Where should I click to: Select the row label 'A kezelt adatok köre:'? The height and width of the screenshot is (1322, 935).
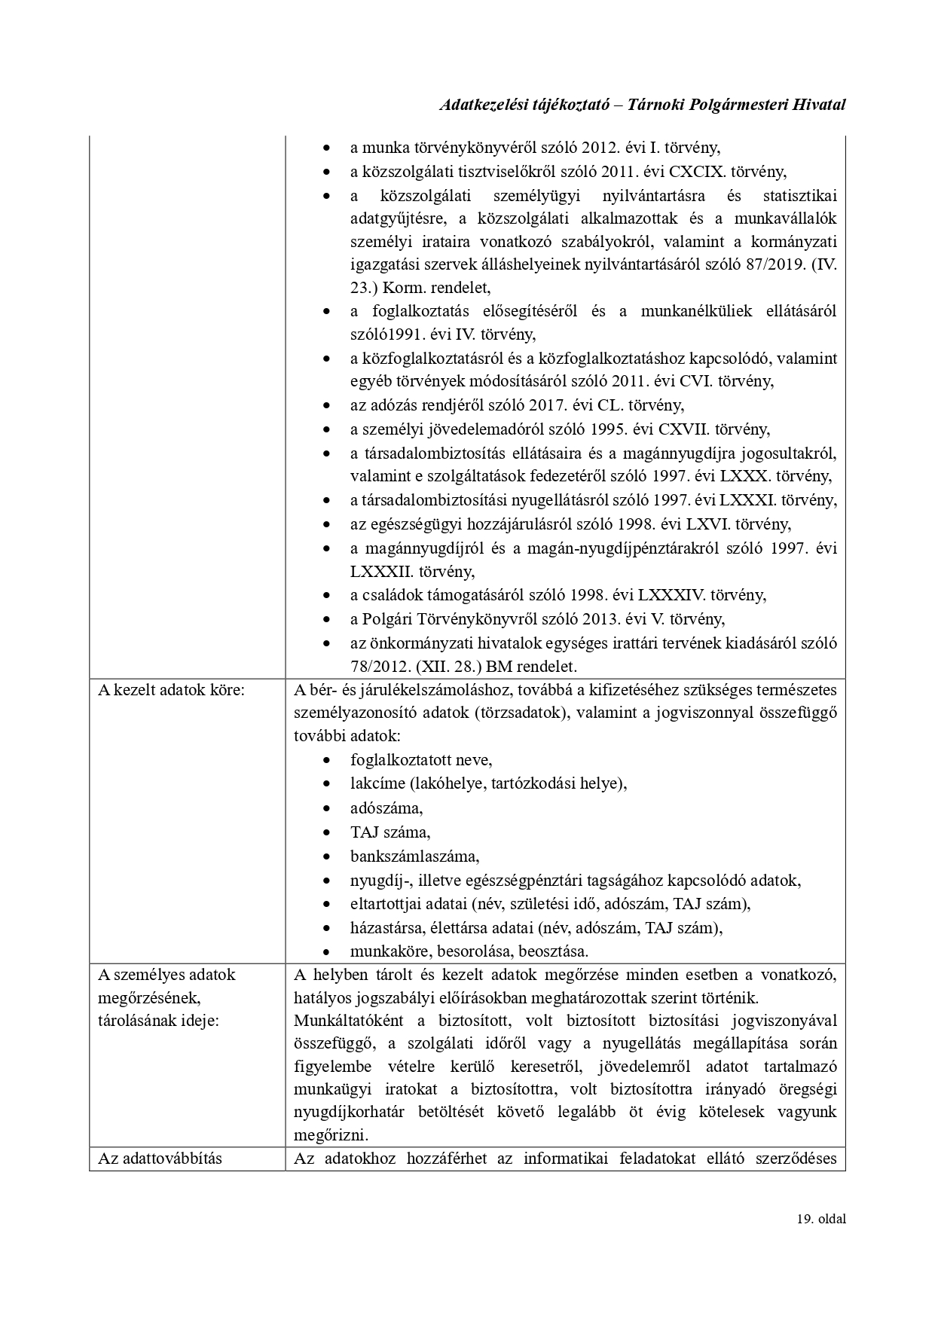pyautogui.click(x=172, y=690)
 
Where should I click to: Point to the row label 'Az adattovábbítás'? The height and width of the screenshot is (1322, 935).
pyautogui.click(x=160, y=1158)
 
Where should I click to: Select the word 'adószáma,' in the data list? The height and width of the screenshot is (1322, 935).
pyautogui.click(x=387, y=808)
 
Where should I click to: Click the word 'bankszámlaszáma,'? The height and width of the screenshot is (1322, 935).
pyautogui.click(x=414, y=856)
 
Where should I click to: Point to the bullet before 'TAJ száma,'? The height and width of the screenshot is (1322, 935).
pyautogui.click(x=325, y=833)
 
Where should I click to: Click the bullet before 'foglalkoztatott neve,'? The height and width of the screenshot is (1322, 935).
pyautogui.click(x=325, y=761)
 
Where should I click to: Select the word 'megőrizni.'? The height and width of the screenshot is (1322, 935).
pyautogui.click(x=330, y=1134)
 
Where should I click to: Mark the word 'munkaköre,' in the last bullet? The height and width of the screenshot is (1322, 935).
pyautogui.click(x=385, y=951)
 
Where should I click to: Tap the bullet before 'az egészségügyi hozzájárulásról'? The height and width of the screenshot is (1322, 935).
pyautogui.click(x=325, y=525)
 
